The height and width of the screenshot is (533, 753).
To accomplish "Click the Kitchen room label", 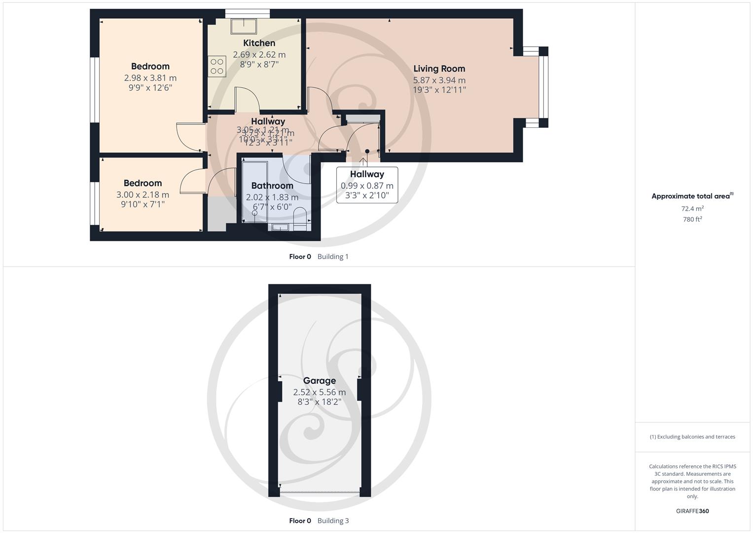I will [259, 43].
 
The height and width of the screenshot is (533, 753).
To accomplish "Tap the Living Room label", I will [439, 69].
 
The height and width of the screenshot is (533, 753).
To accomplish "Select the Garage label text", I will [319, 381].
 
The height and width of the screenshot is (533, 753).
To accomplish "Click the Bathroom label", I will [272, 186].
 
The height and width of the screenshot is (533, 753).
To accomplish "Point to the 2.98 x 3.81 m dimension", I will [150, 78].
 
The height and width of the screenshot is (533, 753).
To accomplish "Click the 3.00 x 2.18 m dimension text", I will [143, 195].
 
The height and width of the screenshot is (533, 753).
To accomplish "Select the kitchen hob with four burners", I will [217, 66].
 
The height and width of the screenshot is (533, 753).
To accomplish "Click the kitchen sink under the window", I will [244, 26].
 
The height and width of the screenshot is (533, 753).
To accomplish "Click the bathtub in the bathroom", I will [254, 192].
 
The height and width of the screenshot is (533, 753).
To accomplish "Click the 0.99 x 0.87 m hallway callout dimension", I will [367, 186].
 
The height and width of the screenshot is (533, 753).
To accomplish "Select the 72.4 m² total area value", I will [692, 209].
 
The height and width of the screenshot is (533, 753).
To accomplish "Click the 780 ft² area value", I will [692, 220].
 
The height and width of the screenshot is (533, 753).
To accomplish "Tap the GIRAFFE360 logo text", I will [692, 511].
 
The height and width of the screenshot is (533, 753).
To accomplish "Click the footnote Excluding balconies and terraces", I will [692, 437].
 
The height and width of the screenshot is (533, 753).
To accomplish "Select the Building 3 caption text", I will [333, 521].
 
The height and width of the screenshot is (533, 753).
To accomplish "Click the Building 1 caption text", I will [333, 257].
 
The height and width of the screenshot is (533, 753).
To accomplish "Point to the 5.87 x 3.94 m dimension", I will [439, 80].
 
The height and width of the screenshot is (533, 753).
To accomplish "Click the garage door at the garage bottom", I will [320, 492].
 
